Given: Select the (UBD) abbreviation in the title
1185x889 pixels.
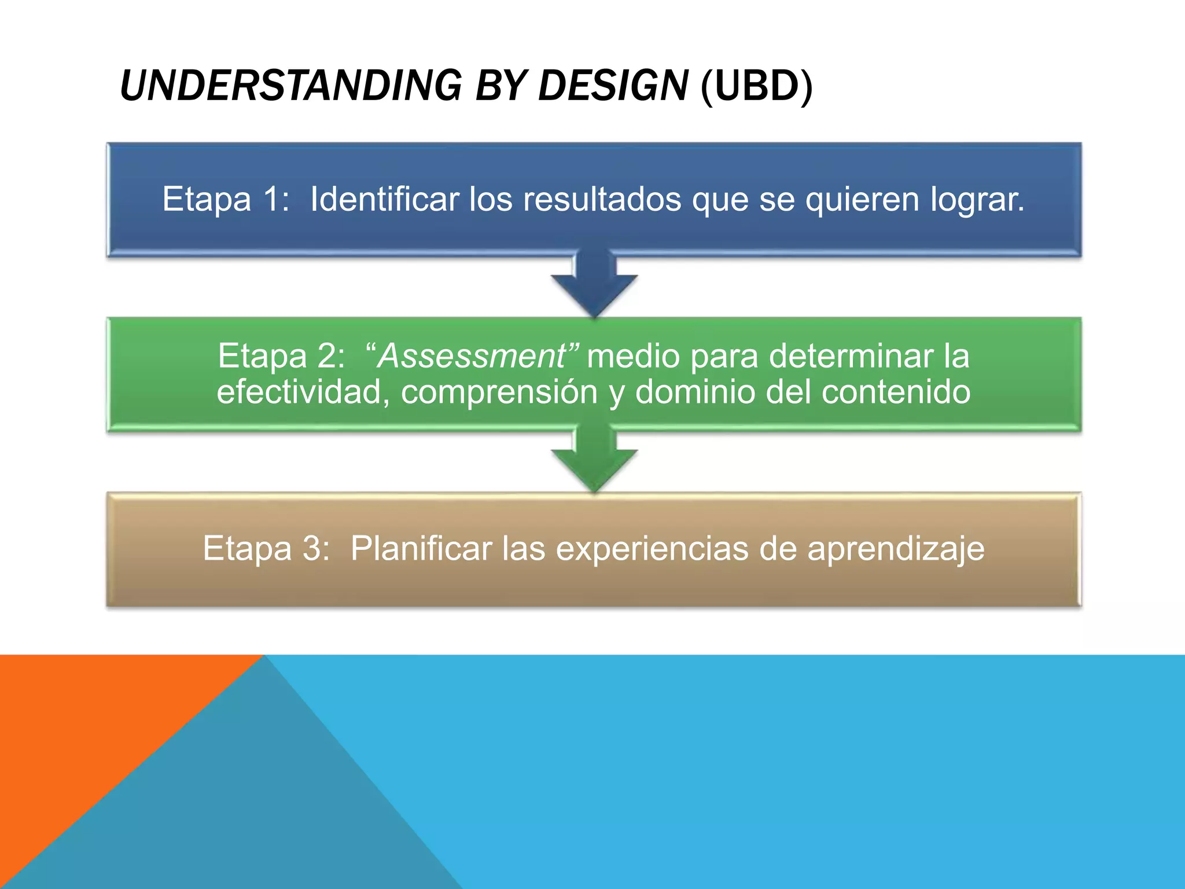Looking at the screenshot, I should tap(756, 86).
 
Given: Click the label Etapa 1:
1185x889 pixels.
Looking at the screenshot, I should tap(226, 200).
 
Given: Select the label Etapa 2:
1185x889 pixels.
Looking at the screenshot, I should tap(281, 356).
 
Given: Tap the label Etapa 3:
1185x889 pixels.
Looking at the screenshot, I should tap(266, 548).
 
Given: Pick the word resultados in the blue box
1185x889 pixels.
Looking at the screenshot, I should tap(602, 200).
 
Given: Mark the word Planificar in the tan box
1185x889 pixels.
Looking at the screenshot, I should tap(421, 548).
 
